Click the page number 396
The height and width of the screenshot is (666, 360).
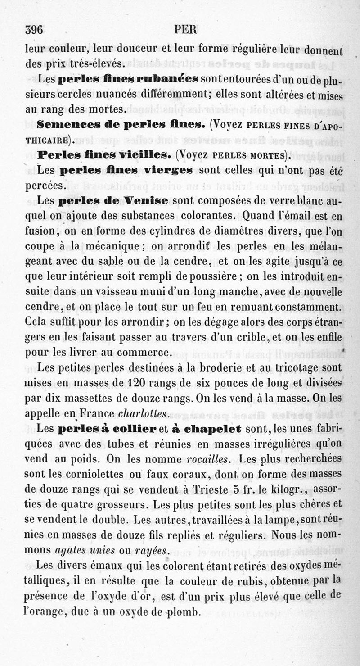tap(34, 30)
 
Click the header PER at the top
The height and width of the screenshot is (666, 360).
tap(185, 30)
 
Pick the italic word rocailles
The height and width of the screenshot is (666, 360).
tap(206, 459)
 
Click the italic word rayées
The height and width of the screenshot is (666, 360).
tap(154, 550)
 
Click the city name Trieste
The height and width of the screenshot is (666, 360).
tap(210, 489)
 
